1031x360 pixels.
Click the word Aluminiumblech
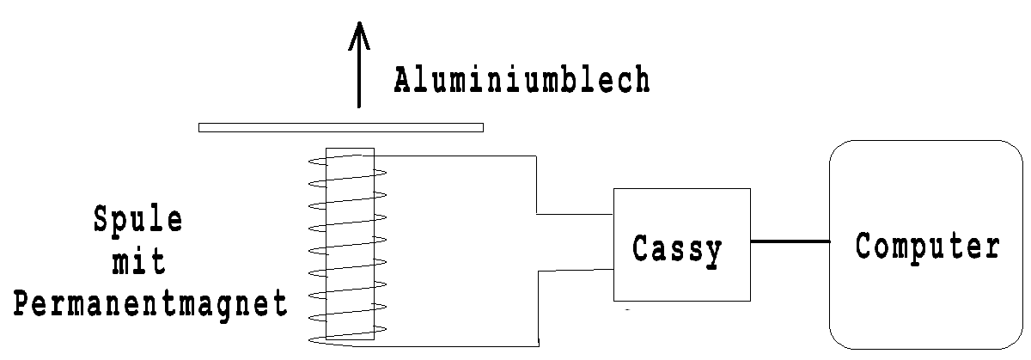point(522,81)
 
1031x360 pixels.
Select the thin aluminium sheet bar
point(340,127)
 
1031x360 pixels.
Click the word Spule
point(138,221)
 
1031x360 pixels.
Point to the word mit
point(137,262)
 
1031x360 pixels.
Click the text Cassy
point(678,249)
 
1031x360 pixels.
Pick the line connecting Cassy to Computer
point(790,241)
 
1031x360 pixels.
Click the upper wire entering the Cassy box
point(574,213)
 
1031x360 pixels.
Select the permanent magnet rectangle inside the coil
point(351,245)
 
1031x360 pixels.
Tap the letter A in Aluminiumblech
point(404,81)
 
